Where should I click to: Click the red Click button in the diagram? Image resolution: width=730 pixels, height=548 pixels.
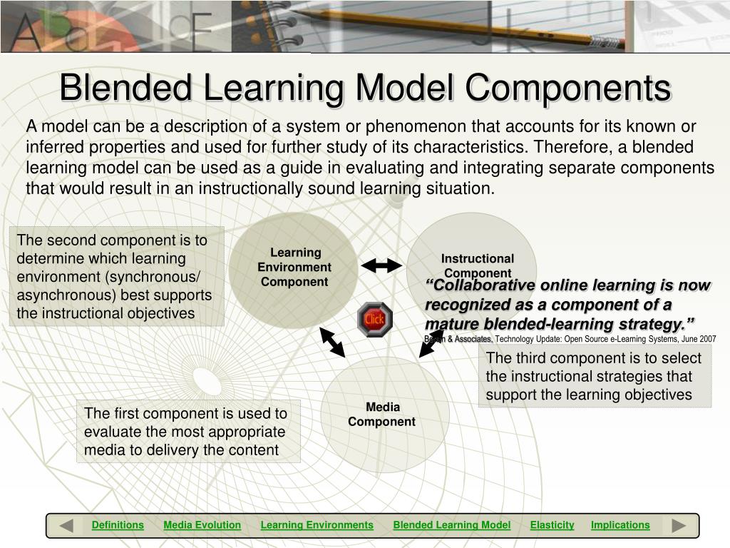[374, 319]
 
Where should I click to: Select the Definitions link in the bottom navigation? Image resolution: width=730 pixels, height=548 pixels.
[118, 525]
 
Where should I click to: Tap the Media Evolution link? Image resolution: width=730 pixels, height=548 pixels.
[202, 525]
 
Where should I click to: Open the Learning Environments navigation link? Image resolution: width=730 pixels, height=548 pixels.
[317, 525]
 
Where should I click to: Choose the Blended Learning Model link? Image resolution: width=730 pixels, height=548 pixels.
[451, 525]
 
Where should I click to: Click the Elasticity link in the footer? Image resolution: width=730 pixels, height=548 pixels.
[552, 525]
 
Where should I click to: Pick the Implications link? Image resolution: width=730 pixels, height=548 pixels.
[620, 525]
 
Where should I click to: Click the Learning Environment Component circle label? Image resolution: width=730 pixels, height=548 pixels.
[294, 267]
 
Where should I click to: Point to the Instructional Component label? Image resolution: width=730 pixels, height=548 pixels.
[477, 265]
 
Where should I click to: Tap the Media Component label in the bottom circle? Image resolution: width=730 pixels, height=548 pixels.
[382, 414]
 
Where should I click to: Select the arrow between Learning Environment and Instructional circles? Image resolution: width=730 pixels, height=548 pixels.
[381, 266]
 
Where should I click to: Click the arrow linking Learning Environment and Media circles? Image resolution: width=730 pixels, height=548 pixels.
[332, 342]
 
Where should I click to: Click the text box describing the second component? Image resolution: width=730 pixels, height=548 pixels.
[117, 276]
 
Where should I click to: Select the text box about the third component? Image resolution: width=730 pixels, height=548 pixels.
[594, 377]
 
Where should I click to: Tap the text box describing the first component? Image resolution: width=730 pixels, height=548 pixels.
[188, 431]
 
